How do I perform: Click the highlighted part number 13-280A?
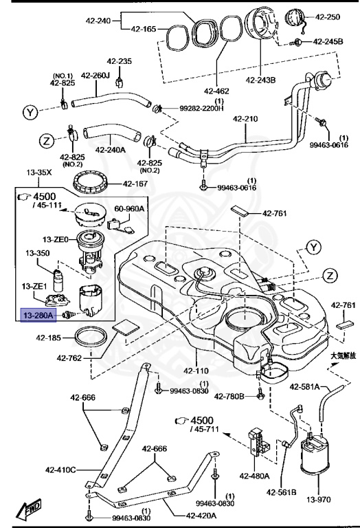38,316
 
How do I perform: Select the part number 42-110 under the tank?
196,371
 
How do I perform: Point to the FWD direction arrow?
30,509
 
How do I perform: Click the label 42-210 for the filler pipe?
245,118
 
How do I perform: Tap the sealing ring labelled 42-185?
91,337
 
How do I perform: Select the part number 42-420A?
201,515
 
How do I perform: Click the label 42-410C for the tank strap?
60,470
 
